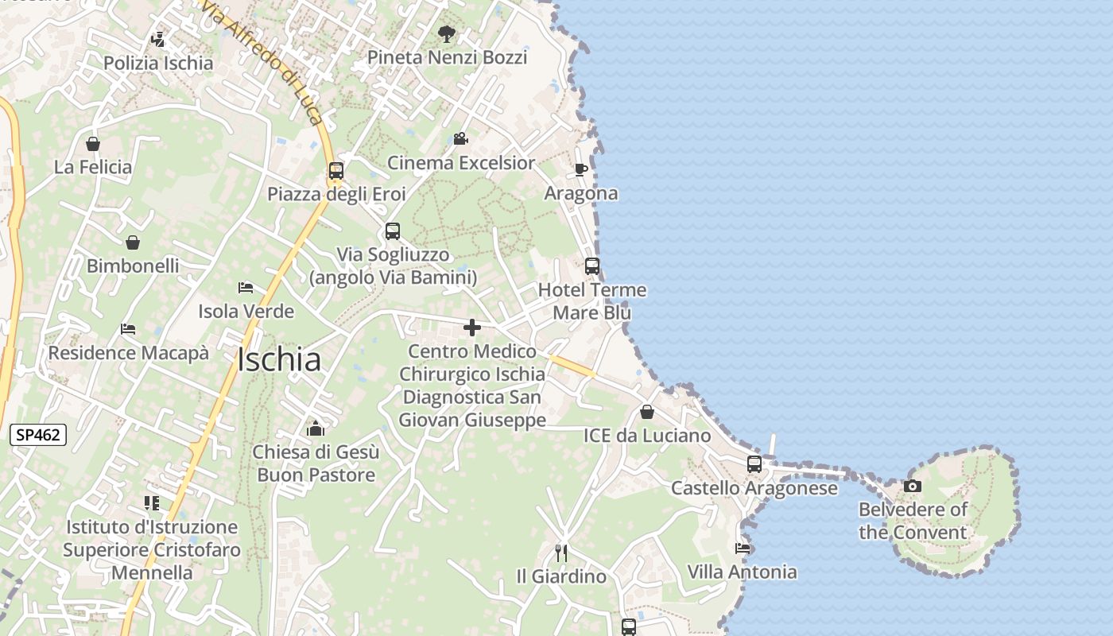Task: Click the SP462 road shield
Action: [x=37, y=435]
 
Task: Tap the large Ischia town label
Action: [x=279, y=360]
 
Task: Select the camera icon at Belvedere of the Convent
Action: [x=913, y=486]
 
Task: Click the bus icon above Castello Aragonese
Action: [x=754, y=463]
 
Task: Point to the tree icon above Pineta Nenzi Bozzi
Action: [x=447, y=33]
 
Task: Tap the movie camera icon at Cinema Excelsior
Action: [x=460, y=139]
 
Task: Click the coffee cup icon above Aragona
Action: [x=581, y=169]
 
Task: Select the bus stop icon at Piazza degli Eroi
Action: [x=336, y=170]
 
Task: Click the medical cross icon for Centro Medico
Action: [x=472, y=328]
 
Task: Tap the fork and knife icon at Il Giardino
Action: [x=561, y=552]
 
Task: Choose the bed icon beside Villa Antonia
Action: [x=743, y=548]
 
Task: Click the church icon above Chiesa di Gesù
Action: [x=316, y=429]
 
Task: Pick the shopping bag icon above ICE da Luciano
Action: [x=647, y=412]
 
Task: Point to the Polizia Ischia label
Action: [x=158, y=64]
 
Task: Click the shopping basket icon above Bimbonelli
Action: [x=133, y=242]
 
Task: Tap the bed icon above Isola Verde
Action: [x=246, y=287]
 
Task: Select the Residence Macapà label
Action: [x=129, y=352]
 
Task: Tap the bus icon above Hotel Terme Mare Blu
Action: [x=591, y=266]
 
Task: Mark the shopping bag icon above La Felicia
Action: [x=93, y=144]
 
